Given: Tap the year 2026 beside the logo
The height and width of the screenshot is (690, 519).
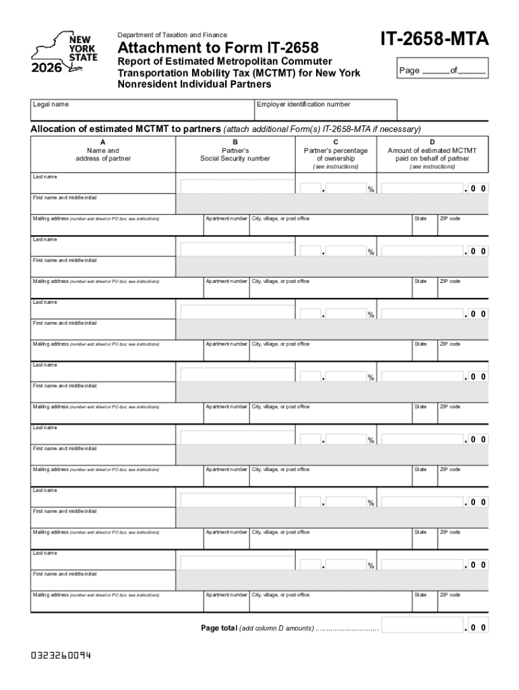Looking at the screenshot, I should click(45, 68).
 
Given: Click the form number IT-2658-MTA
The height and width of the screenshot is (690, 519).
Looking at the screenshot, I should click(434, 41).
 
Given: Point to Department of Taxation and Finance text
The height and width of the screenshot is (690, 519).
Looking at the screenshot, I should click(173, 35).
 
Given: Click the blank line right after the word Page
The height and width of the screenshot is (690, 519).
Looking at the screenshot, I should click(435, 71).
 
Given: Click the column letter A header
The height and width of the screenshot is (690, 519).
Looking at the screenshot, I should click(102, 142).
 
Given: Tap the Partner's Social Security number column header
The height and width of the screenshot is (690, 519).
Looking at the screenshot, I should click(235, 154).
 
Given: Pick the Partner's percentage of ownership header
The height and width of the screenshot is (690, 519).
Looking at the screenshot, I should click(336, 154).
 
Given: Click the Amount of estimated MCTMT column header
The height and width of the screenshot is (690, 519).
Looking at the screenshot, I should click(432, 154).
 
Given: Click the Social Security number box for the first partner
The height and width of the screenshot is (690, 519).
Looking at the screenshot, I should click(237, 188).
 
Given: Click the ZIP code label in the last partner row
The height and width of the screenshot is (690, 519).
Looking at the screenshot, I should click(450, 595).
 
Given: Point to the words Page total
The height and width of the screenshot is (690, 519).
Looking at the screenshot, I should click(218, 628).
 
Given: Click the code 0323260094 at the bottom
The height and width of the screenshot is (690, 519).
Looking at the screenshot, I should click(61, 654).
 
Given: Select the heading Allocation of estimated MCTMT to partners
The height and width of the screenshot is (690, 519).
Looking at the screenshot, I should click(126, 129).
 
